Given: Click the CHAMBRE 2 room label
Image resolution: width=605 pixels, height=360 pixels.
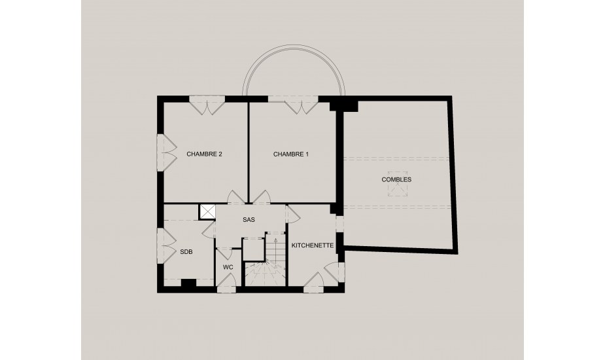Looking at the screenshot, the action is (x=204, y=154).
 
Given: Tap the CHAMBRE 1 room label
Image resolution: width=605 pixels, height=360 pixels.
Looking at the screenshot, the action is (x=291, y=154).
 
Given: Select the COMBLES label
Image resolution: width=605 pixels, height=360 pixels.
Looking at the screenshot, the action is (x=396, y=179).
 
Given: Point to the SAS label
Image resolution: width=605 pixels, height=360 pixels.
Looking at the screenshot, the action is (x=249, y=220).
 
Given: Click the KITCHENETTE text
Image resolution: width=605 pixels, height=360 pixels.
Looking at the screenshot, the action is (x=313, y=245).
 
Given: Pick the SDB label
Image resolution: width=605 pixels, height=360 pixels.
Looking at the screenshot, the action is (x=186, y=252).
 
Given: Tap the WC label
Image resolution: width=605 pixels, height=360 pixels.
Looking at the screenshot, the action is (x=228, y=267).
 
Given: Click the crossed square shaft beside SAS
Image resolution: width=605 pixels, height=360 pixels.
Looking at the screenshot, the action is (x=207, y=212).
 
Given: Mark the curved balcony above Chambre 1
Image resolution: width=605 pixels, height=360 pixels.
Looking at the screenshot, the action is (x=293, y=50).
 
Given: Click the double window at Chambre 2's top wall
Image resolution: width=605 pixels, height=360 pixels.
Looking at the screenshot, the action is (x=207, y=105).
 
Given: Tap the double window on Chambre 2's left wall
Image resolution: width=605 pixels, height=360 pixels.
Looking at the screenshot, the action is (x=166, y=153).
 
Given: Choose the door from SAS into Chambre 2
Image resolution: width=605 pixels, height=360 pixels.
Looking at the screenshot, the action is (x=235, y=197).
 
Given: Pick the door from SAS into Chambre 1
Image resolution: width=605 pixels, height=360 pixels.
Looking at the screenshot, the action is (x=261, y=197).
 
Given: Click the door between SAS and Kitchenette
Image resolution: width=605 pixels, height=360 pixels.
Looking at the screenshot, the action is (x=293, y=215).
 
